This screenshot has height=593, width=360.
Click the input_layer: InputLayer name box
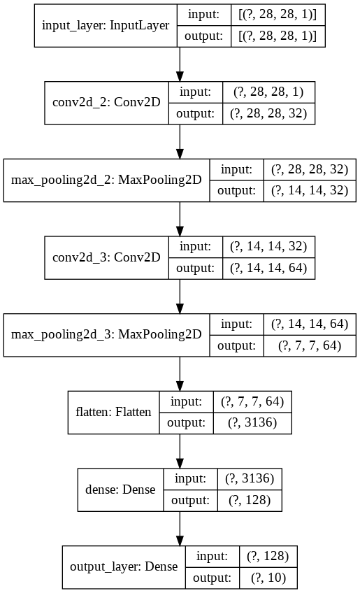106,26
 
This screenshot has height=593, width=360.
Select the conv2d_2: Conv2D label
106,102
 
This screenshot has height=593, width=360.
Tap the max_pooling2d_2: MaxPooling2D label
106,180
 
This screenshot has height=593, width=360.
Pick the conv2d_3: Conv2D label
106,257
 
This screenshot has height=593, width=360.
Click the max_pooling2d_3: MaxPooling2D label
106,334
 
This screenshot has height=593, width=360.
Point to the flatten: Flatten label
113,411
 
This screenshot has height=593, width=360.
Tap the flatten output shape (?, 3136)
249,422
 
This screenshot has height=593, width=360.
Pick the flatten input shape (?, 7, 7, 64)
249,401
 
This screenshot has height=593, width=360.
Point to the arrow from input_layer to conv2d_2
180,64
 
